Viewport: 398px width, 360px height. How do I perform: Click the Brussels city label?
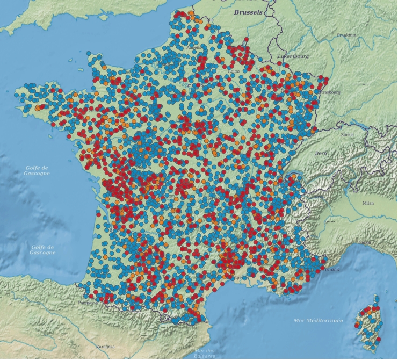pos(248,12)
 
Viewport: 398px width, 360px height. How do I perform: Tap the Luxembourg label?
pos(293,56)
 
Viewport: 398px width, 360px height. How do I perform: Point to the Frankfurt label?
pos(346,35)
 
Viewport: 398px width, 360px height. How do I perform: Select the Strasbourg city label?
pos(330,92)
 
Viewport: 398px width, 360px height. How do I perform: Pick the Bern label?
pos(321,153)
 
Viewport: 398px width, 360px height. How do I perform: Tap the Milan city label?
pos(367,203)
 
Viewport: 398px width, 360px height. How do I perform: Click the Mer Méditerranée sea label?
pos(318,320)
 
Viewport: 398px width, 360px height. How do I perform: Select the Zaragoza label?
pos(105,347)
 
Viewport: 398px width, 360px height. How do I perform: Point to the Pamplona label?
pos(87,303)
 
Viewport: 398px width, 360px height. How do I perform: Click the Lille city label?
pos(209,20)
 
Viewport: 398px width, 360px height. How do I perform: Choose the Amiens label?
pos(194,47)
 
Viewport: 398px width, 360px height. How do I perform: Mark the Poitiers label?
pos(144,168)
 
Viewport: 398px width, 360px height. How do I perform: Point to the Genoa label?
pos(365,242)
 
